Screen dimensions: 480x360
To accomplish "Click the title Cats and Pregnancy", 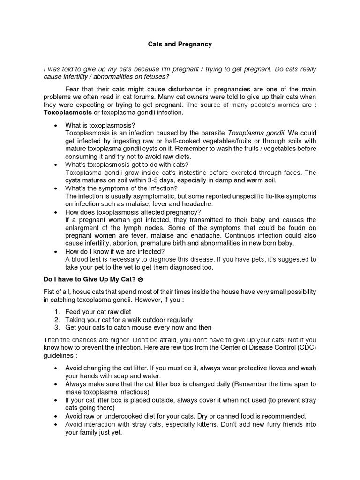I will click(x=180, y=44).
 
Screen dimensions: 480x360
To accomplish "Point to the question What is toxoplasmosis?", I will click(x=100, y=125).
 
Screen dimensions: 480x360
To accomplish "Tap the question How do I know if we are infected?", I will click(x=115, y=251).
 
